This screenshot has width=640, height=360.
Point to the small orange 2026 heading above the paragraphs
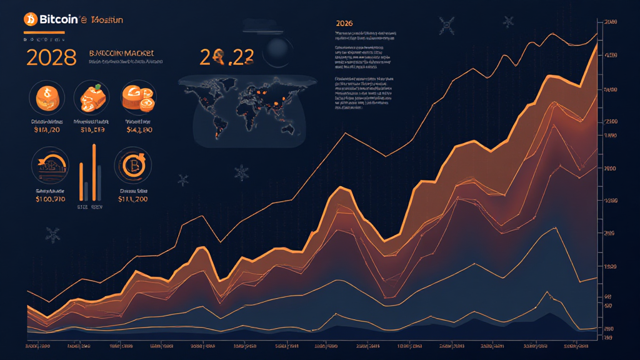pyautogui.click(x=344, y=23)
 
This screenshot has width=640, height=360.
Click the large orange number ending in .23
pyautogui.click(x=227, y=57)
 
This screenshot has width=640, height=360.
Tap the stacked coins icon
pyautogui.click(x=138, y=98)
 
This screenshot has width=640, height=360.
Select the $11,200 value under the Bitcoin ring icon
pyautogui.click(x=132, y=199)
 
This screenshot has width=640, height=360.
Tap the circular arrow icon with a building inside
pyautogui.click(x=49, y=164)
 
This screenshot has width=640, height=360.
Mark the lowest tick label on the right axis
pyautogui.click(x=606, y=337)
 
